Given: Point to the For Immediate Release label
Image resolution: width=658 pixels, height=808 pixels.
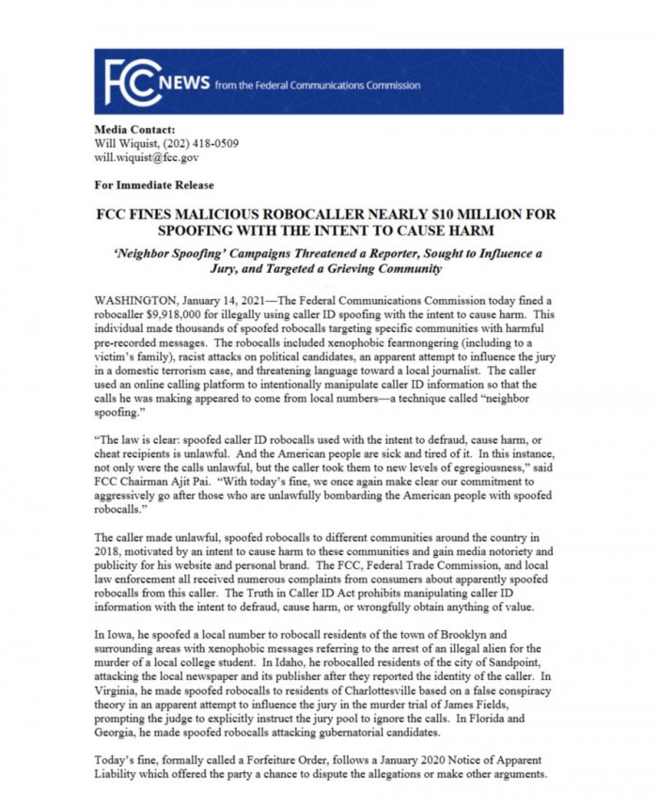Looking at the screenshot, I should (154, 185).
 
